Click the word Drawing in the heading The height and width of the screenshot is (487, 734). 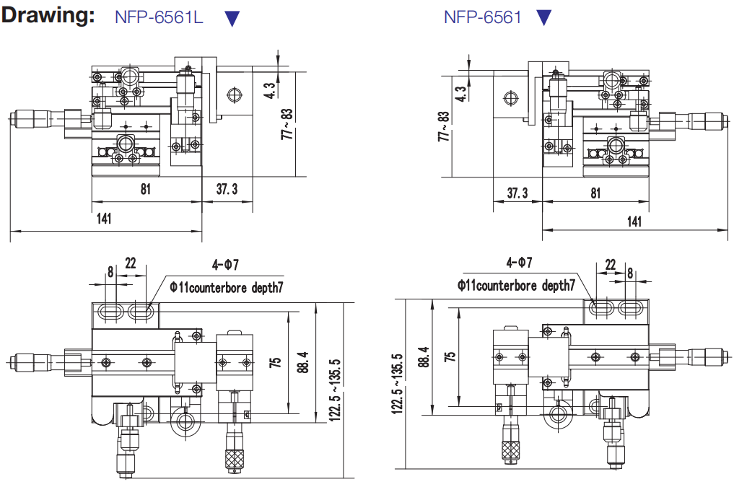(x=48, y=16)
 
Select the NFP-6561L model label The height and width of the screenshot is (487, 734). (x=159, y=17)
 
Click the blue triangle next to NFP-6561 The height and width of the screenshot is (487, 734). (x=544, y=17)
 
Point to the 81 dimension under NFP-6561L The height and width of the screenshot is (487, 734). (x=146, y=190)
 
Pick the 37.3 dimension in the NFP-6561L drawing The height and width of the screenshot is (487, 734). (x=227, y=190)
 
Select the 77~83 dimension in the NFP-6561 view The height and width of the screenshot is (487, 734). (x=443, y=126)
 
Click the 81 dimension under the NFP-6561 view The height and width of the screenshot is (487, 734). (x=595, y=193)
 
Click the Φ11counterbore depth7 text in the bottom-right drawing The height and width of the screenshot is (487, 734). (x=516, y=286)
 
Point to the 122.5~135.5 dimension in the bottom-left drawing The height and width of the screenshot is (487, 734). (x=334, y=390)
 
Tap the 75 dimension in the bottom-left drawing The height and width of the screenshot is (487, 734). (x=275, y=361)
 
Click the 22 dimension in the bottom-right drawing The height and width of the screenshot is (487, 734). (x=611, y=265)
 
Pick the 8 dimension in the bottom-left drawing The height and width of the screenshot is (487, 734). (x=110, y=272)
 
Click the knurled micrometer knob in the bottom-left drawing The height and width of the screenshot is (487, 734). (x=235, y=458)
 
